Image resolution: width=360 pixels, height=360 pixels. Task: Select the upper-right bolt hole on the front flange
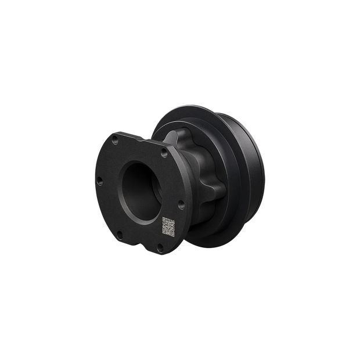(x=164, y=154)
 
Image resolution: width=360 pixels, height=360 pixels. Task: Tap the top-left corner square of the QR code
(x=163, y=220)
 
